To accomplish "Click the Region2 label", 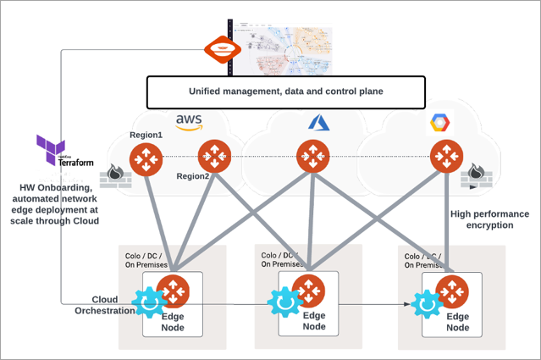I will click(x=194, y=176).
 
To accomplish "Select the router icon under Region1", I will click(x=146, y=158).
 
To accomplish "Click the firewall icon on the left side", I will click(x=113, y=179).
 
